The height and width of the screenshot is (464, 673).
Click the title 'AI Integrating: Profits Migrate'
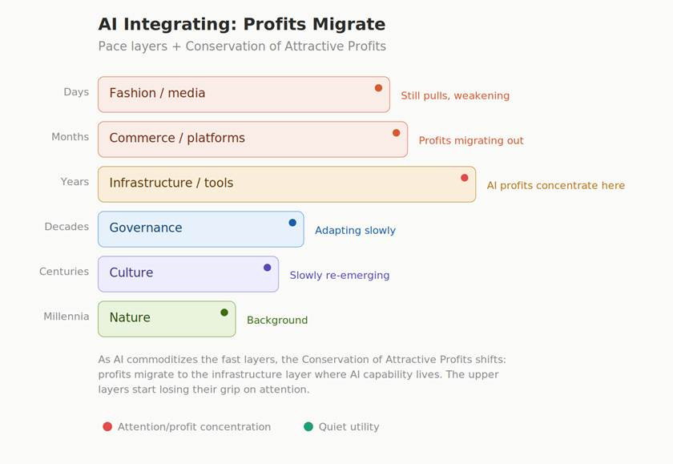(242, 24)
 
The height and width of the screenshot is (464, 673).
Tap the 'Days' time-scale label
(76, 92)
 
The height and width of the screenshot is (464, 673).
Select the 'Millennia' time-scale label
(66, 317)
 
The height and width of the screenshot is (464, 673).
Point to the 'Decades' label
(66, 227)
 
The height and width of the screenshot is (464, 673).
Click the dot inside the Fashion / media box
(378, 88)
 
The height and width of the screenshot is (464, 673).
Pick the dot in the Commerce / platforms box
(396, 133)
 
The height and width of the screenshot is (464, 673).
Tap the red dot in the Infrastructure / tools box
(465, 178)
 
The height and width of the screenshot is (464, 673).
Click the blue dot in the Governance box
(292, 223)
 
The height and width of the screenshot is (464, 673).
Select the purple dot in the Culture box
(267, 268)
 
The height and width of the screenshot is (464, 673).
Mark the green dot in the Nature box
(224, 313)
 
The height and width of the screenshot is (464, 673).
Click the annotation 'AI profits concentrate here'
(556, 185)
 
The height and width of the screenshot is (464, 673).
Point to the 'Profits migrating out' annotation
(471, 141)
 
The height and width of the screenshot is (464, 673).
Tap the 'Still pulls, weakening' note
(455, 95)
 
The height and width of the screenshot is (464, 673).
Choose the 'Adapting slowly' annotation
(355, 231)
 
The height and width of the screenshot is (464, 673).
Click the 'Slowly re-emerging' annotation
(340, 275)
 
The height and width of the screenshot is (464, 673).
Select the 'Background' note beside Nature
(277, 321)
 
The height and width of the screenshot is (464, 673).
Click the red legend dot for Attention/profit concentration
(107, 426)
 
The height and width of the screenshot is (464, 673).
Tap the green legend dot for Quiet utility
(308, 426)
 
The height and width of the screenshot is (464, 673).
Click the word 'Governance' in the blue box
(146, 228)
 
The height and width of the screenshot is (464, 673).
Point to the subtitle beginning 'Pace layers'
(242, 46)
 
